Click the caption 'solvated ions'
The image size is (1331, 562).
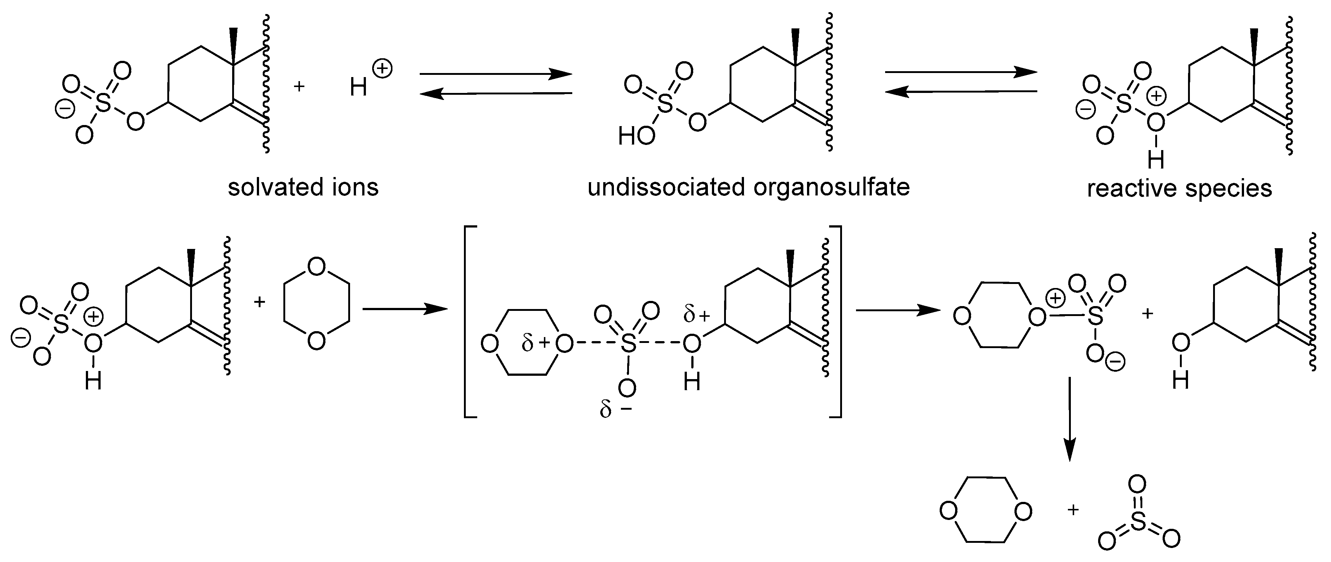point(303,187)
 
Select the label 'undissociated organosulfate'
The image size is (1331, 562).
point(749,187)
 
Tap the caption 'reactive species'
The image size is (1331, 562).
point(1180,189)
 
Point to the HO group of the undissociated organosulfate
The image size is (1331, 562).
point(636,136)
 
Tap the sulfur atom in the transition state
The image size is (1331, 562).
point(628,344)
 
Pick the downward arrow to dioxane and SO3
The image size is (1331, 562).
point(1069,419)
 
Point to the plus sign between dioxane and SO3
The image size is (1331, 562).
point(1073,510)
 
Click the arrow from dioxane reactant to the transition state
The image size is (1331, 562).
point(405,309)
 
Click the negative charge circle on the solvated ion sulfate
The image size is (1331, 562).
point(66,110)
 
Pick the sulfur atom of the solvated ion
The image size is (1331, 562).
point(103,104)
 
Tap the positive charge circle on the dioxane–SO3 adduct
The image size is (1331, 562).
point(1056,298)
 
